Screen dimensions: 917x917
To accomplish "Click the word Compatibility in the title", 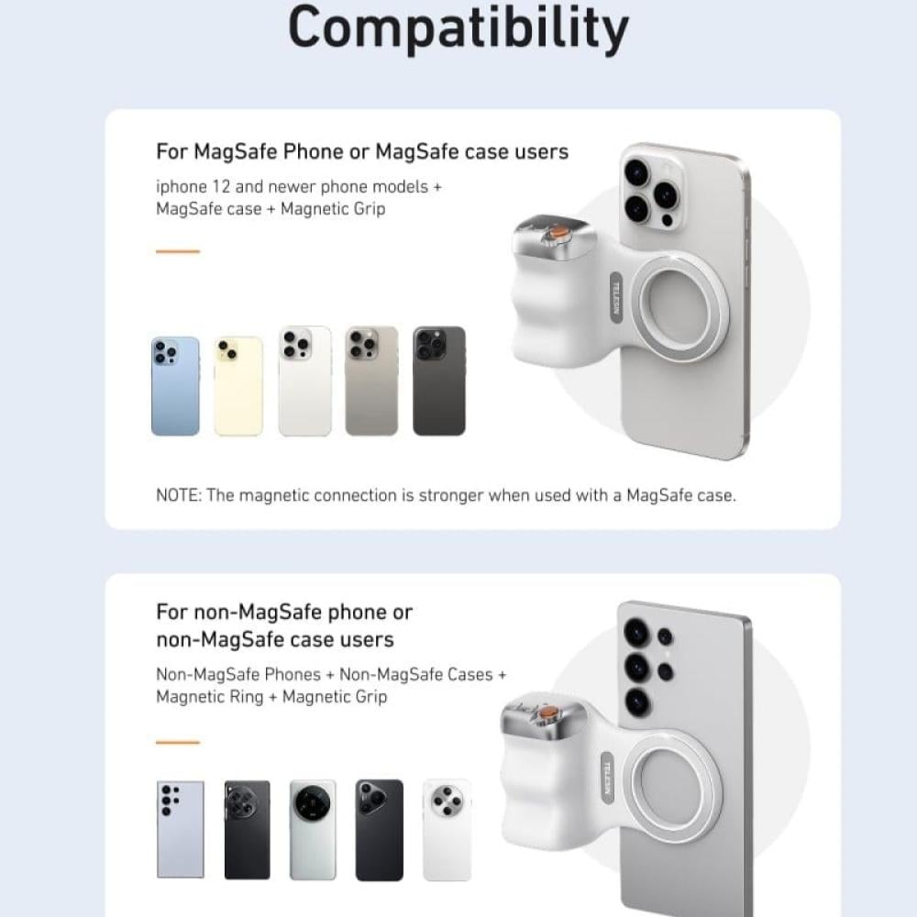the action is tap(458, 28).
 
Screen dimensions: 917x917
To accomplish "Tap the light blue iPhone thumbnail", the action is tap(175, 386).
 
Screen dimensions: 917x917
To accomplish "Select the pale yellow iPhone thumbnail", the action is tap(238, 386).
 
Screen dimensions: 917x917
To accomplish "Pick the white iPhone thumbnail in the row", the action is tap(304, 381).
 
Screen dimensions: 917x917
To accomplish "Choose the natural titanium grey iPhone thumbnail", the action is tap(371, 381).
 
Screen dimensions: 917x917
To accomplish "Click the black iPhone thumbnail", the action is tap(439, 381).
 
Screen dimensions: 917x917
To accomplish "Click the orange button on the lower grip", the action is tap(547, 713).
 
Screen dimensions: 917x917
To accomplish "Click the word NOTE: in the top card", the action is tap(179, 495).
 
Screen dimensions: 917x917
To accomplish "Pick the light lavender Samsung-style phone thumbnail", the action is tap(181, 829).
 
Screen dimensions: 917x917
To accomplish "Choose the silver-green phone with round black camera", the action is tap(313, 829).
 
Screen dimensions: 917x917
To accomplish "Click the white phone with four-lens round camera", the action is tap(447, 829).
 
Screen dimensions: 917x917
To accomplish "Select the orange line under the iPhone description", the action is tap(178, 251).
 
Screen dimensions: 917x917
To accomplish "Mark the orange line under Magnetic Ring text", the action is tap(178, 742).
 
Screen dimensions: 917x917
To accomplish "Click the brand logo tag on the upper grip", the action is tap(616, 296).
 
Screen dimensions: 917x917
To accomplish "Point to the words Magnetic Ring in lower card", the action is tap(210, 697).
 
